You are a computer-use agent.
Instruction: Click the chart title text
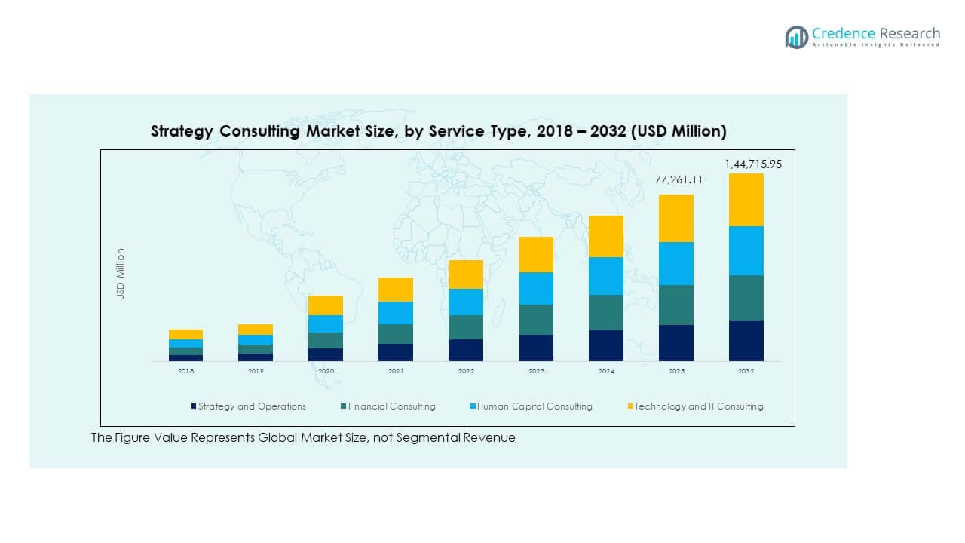click(439, 131)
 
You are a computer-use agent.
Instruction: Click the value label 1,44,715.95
click(754, 164)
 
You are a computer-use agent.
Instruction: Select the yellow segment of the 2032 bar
click(746, 200)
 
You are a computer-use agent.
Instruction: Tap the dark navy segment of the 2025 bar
click(676, 342)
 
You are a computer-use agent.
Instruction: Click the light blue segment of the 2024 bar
click(606, 275)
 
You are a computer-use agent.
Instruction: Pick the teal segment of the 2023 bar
click(536, 319)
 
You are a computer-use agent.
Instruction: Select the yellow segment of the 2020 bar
click(326, 305)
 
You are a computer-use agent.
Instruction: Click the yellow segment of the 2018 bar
click(185, 334)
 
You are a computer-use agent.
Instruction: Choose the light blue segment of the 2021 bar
click(396, 312)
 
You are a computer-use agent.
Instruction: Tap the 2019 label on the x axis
click(256, 371)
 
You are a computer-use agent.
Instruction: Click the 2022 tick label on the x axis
click(466, 371)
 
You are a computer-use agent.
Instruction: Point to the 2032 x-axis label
click(746, 371)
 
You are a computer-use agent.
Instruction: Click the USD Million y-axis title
click(121, 275)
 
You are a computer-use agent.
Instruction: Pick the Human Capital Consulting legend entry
click(535, 406)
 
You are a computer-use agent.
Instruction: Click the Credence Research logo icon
click(796, 37)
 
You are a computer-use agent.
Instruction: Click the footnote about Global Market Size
click(303, 437)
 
